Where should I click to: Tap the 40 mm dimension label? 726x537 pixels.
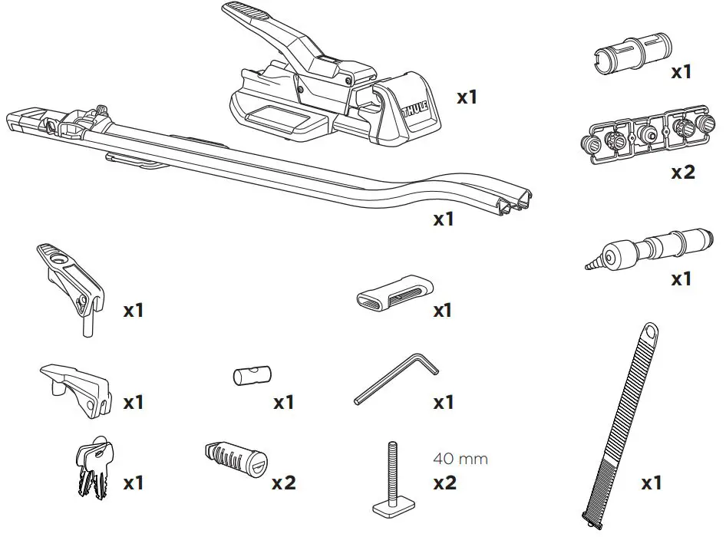point(460,460)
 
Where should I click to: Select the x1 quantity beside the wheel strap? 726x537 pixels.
point(652,483)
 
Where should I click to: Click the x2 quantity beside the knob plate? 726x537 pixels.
point(682,172)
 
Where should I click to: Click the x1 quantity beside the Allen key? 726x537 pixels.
point(444,402)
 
